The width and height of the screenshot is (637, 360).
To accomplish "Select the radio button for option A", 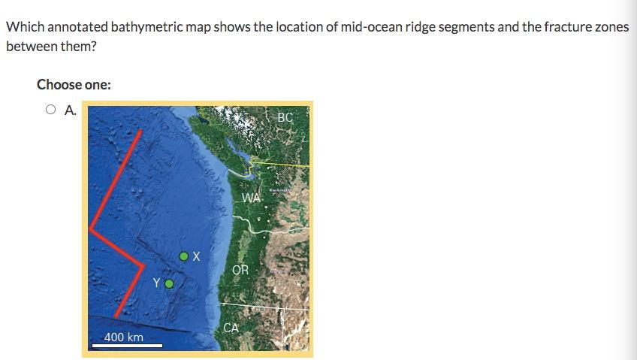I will pos(50,110).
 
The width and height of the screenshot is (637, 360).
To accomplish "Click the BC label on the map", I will pos(285,117).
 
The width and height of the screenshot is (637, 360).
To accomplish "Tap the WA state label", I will pos(252,198).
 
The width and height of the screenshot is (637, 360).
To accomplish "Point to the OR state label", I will pos(240,270).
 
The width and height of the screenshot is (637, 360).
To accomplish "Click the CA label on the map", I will pos(231,328).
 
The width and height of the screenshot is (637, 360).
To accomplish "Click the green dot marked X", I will pos(184,256).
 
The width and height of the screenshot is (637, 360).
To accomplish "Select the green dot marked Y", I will pos(169,284).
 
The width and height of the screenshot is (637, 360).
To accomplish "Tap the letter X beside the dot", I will pos(196,256).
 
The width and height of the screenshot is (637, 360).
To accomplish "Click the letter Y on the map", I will pos(156,283).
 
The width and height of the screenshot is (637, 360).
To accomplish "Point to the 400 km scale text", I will pos(124,337).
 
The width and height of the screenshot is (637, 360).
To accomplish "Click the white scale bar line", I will pos(126,346).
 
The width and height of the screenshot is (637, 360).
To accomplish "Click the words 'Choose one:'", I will pos(74,84).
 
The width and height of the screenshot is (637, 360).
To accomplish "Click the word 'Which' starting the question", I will pos(23,27).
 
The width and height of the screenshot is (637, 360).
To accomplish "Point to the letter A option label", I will pos(70,110).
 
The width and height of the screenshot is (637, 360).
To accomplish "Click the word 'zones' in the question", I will pos(610,27).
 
